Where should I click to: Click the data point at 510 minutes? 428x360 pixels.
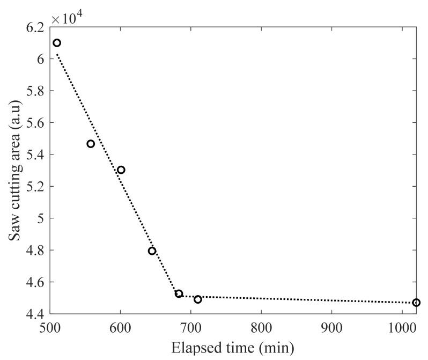point(57,43)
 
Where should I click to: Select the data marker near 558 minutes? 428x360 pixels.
point(91,144)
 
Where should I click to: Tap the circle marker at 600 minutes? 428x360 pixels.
point(121,170)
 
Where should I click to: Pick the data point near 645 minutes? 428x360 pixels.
point(152,251)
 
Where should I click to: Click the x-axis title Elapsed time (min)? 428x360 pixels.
point(233,348)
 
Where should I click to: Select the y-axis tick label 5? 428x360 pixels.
point(41,218)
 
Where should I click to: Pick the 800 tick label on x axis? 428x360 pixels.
point(261,327)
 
